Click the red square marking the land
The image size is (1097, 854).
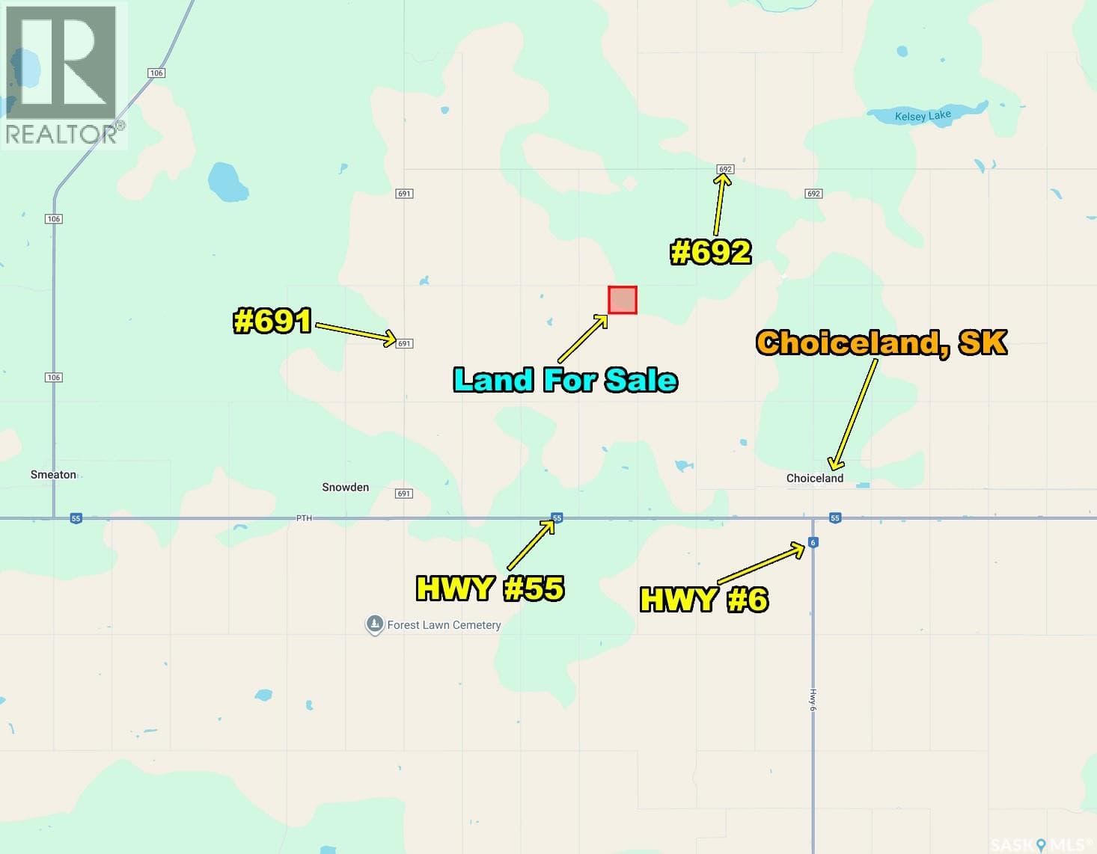(x=623, y=300)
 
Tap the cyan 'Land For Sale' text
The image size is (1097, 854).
(x=566, y=380)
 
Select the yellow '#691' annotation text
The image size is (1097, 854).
(x=272, y=321)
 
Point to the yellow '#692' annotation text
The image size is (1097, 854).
(x=710, y=252)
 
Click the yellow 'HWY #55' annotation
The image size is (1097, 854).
(x=490, y=589)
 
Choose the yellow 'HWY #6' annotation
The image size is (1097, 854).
(x=704, y=599)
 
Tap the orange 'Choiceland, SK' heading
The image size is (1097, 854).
(x=881, y=342)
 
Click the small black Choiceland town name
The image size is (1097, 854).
(x=814, y=478)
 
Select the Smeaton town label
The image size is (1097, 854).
(x=53, y=474)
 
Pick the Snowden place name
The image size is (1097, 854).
(x=345, y=487)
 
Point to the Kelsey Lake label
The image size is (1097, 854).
(x=923, y=116)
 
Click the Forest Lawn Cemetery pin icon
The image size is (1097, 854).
(x=374, y=624)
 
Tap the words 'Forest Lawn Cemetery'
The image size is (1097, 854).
(x=444, y=625)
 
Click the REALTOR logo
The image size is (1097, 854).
(x=63, y=75)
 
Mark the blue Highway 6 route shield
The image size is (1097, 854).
(x=813, y=543)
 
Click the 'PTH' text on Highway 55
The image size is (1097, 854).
(x=303, y=518)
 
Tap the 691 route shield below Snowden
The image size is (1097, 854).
(x=404, y=494)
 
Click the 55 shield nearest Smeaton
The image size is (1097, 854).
(x=76, y=518)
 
